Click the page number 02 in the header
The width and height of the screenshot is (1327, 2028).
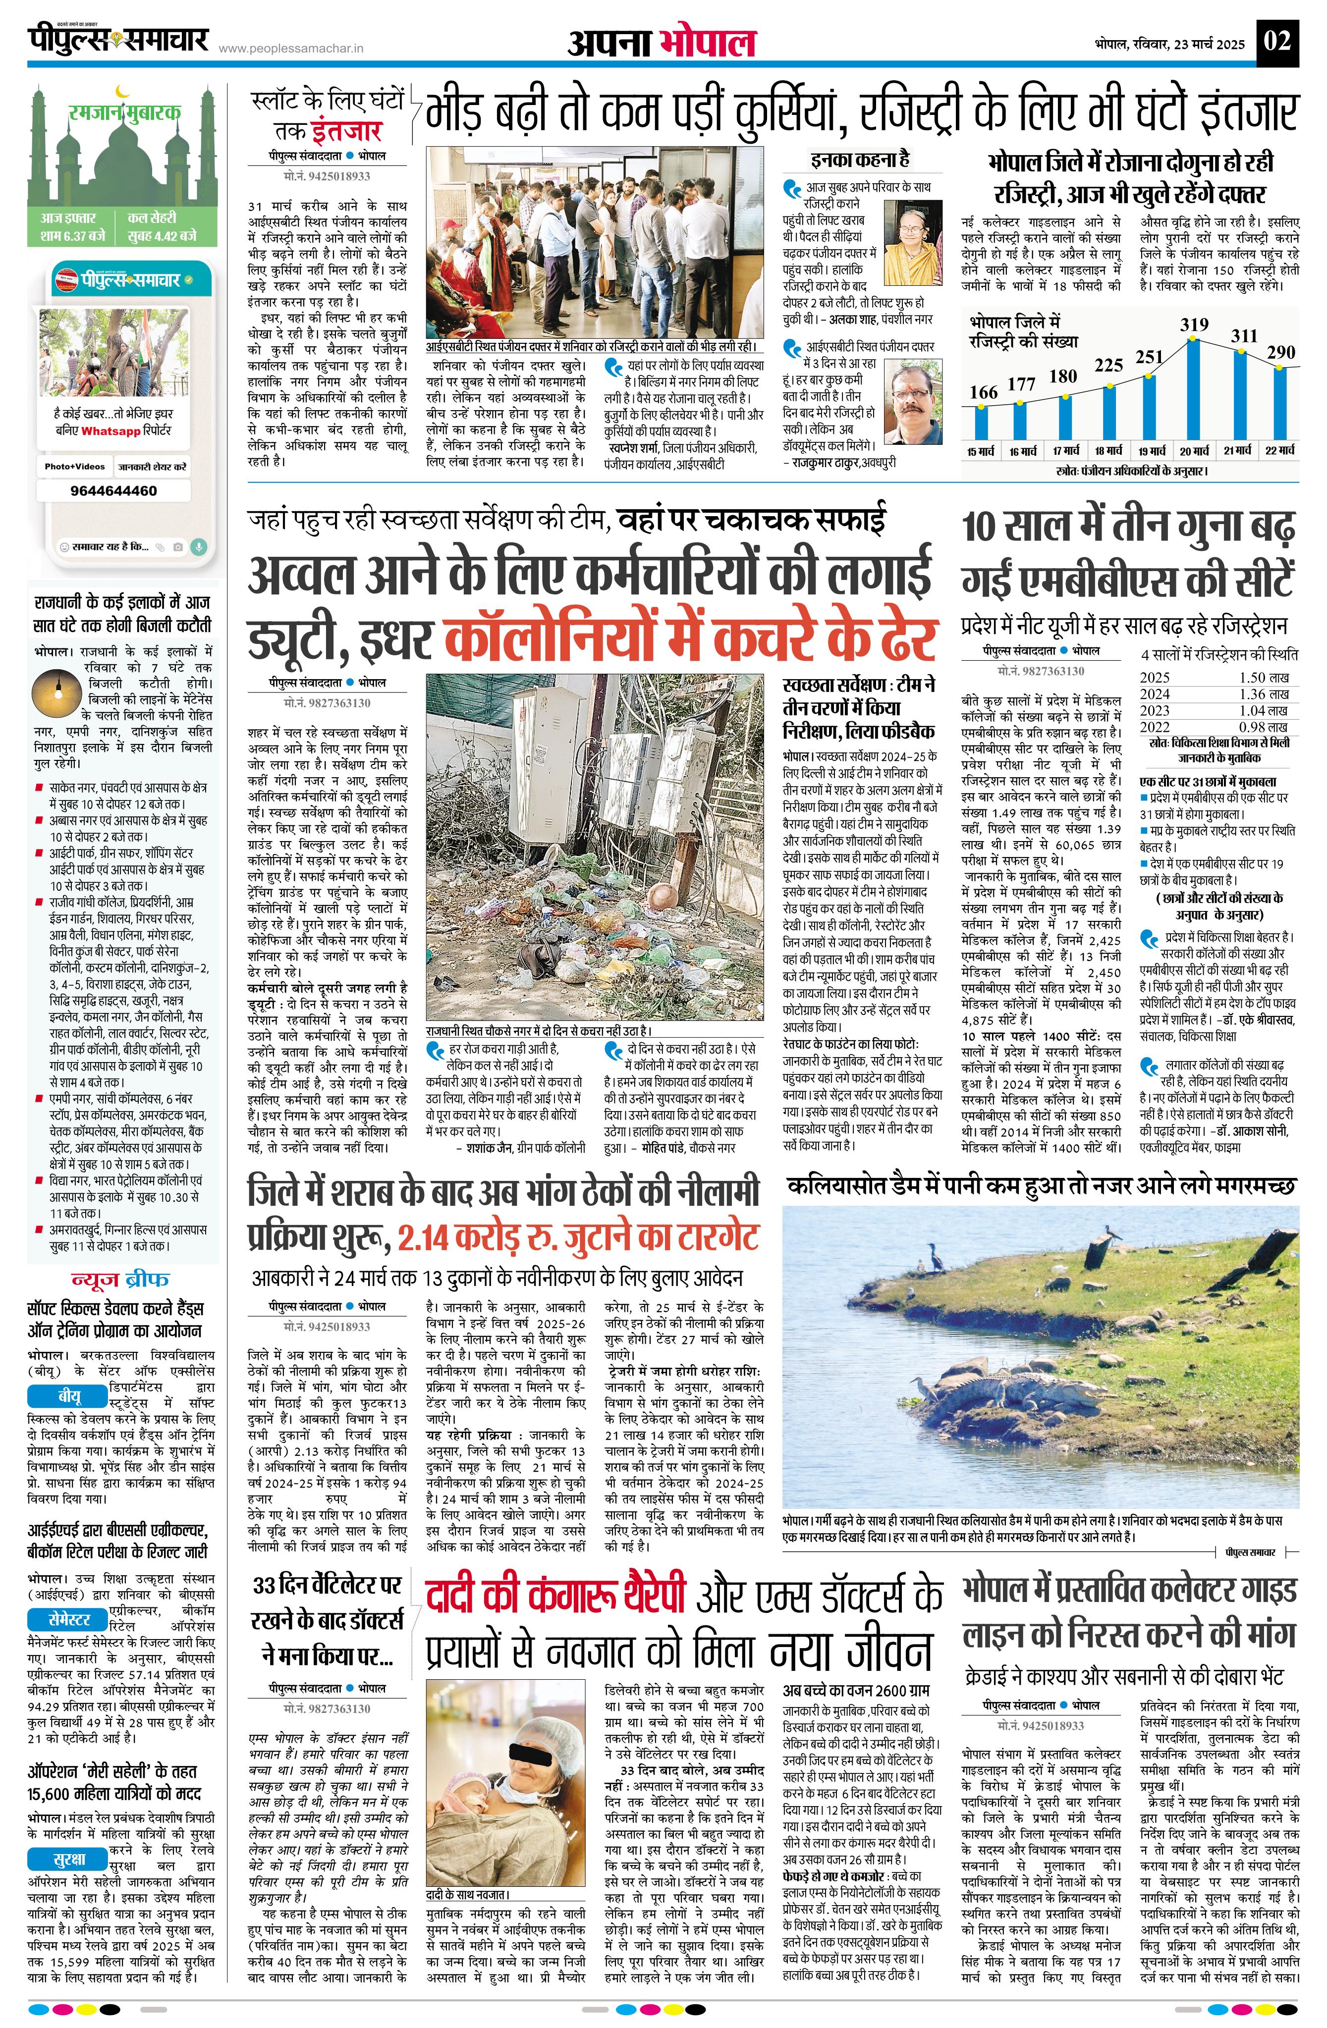tap(1277, 41)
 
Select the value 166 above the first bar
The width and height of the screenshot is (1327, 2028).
tap(983, 392)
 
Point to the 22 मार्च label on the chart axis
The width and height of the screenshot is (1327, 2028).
tap(1279, 450)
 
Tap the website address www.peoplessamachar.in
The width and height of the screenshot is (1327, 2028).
tap(291, 49)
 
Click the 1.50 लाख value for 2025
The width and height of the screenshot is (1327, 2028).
tap(1264, 678)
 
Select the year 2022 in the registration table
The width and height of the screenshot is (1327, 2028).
tap(1155, 727)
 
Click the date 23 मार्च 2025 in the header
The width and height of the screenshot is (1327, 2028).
tap(1209, 44)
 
